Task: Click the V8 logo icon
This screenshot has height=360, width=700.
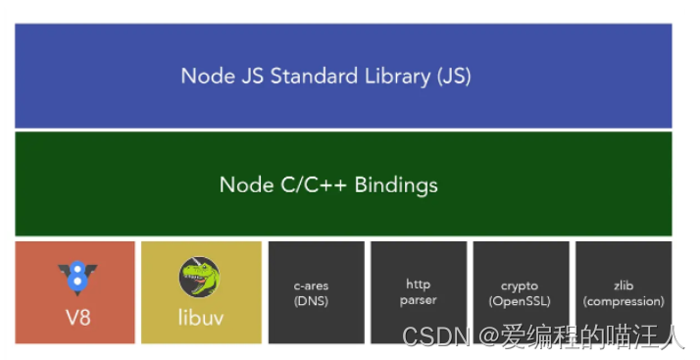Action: (76, 279)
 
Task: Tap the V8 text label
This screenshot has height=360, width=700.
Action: (76, 318)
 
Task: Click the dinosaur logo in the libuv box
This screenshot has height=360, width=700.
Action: (200, 278)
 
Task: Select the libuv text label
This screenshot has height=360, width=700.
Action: (201, 318)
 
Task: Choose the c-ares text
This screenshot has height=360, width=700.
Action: (316, 286)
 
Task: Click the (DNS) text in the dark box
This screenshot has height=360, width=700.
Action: (316, 301)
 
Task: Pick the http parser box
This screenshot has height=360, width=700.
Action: (419, 292)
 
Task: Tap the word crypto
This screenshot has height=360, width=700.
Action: (521, 286)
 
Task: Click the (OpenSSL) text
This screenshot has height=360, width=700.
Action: (521, 301)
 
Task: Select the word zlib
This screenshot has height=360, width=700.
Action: (623, 286)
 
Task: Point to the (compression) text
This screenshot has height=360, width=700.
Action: (624, 301)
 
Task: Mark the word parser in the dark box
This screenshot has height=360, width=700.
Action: (419, 300)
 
